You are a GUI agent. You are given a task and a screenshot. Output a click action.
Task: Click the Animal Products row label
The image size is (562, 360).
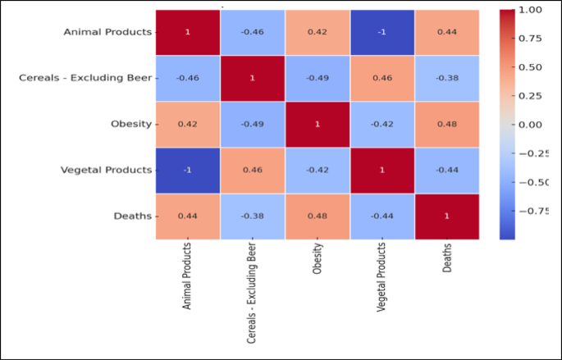[x=108, y=32]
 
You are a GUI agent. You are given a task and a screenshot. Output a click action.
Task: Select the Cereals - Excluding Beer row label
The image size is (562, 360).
[x=85, y=78]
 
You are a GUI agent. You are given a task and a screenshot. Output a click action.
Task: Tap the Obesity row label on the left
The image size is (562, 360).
[x=130, y=124]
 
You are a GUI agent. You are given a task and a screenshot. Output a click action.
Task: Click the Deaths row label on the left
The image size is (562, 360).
[x=133, y=216]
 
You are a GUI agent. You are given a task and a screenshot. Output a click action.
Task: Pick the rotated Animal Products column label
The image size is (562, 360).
[x=187, y=275]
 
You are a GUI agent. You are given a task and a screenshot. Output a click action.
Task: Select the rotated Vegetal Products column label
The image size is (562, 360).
[x=382, y=276]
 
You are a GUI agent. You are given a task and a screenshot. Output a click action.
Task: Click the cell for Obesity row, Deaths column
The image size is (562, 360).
[x=446, y=124]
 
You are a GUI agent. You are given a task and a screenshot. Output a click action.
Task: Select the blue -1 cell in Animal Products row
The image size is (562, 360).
[x=382, y=32]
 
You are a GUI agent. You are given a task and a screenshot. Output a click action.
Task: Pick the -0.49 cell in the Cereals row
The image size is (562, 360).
[x=317, y=78]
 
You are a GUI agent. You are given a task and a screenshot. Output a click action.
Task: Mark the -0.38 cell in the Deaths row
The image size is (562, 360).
[x=252, y=216]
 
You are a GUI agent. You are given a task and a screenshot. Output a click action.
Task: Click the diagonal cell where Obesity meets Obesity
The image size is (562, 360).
[x=317, y=124]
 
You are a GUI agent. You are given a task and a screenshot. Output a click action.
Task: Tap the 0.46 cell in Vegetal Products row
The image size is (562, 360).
[x=252, y=170]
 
